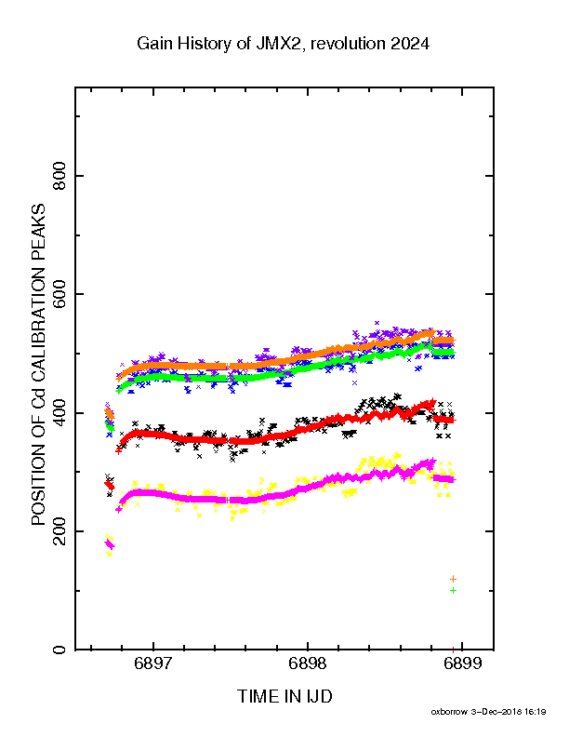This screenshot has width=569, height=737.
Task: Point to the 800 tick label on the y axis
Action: click(x=60, y=176)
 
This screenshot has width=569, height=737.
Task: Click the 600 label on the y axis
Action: click(x=60, y=294)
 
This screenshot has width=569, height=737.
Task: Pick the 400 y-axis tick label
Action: click(x=60, y=412)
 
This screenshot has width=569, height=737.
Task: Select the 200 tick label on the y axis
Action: click(x=60, y=531)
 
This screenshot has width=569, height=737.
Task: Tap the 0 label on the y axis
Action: click(x=60, y=650)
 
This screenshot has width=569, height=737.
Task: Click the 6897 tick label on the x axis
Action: click(x=153, y=663)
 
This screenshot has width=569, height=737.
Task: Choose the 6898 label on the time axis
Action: click(x=308, y=663)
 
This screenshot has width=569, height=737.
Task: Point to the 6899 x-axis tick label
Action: click(x=462, y=663)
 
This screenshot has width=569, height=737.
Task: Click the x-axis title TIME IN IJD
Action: click(x=284, y=696)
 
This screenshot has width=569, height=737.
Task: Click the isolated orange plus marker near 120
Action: click(x=453, y=579)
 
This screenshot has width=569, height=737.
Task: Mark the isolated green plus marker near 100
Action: click(x=453, y=590)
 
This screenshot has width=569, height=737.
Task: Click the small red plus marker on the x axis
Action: click(x=453, y=650)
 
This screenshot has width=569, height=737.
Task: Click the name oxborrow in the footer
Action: click(x=449, y=712)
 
